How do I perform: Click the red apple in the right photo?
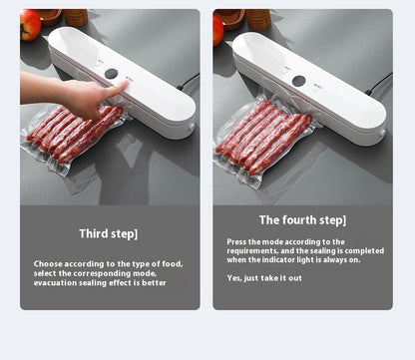[217, 29]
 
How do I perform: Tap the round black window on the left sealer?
[110, 74]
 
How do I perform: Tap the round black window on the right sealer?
[298, 80]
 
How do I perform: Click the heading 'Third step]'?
[109, 233]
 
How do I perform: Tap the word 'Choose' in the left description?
[49, 264]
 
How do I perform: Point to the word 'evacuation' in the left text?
[56, 282]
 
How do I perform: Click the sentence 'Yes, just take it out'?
[263, 277]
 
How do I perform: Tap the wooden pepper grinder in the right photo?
[261, 18]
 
